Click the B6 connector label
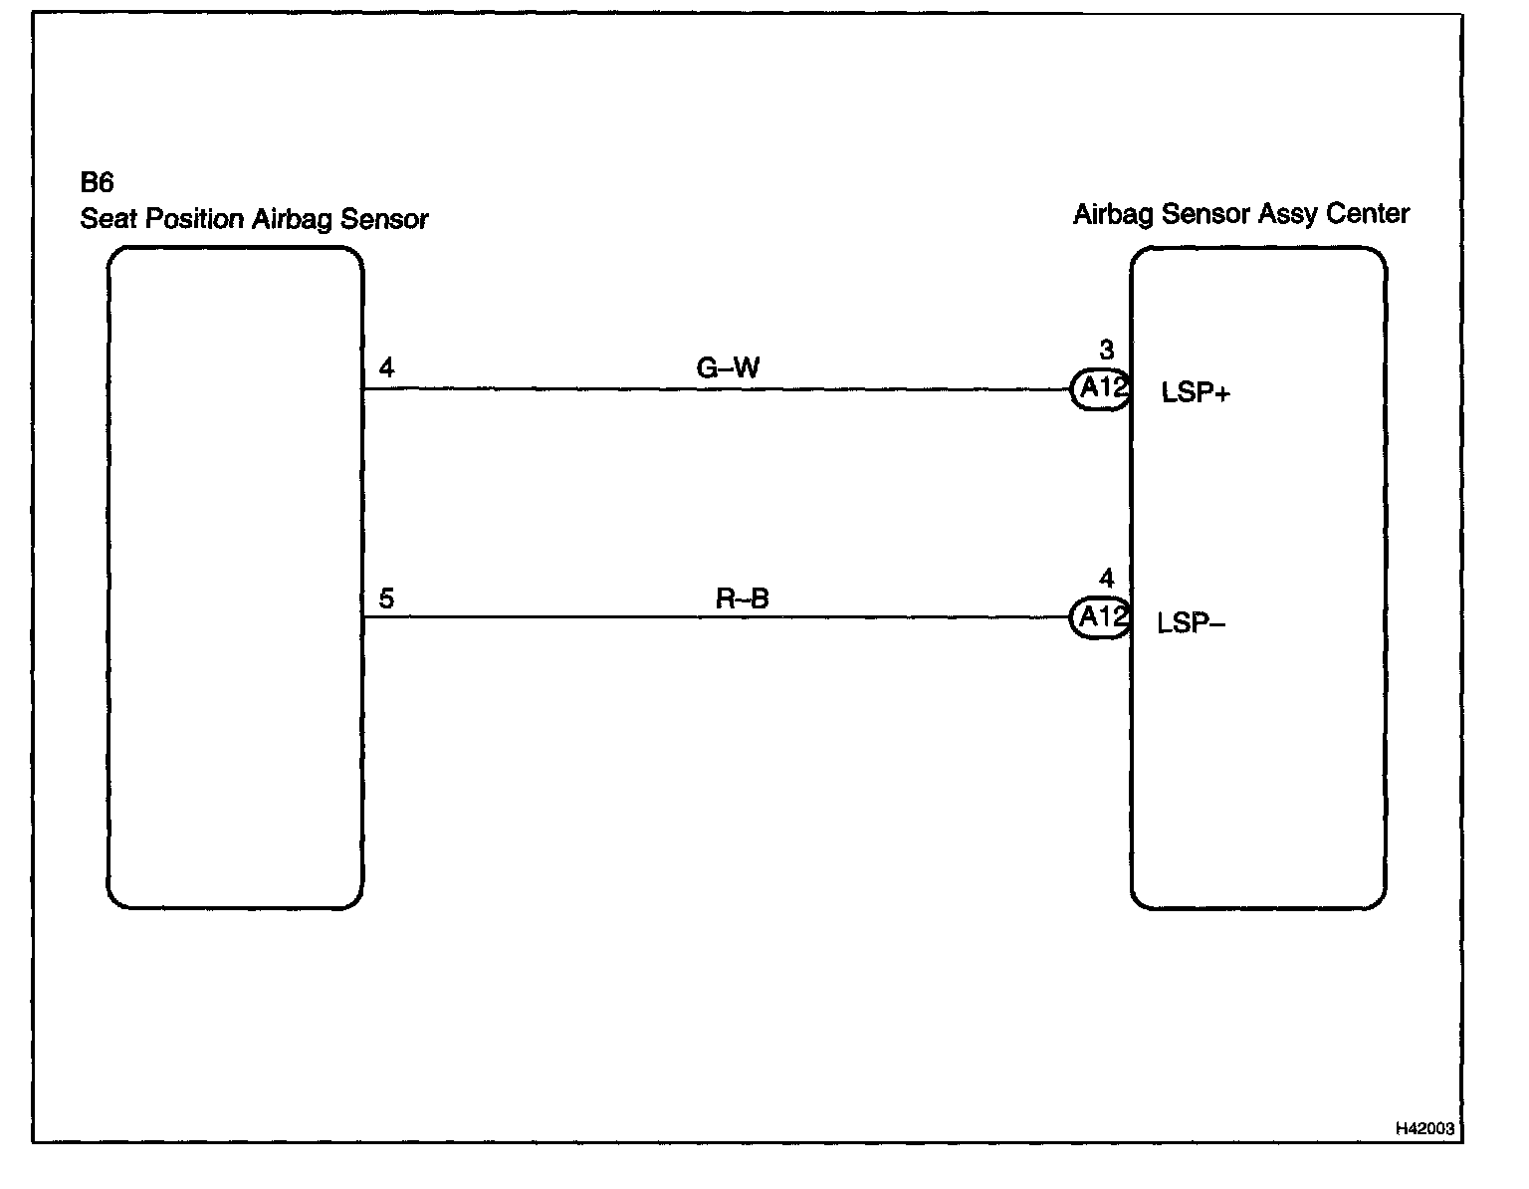[x=97, y=183]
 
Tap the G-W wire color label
[x=728, y=369]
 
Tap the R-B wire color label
[x=743, y=598]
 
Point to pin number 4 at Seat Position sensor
[x=386, y=368]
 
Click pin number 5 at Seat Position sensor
[x=386, y=598]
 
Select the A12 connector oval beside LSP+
[x=1100, y=388]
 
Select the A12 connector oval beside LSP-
[x=1100, y=617]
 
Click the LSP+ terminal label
[x=1196, y=393]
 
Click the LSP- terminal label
[x=1192, y=624]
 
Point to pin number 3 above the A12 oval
[x=1106, y=350]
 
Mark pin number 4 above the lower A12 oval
[x=1106, y=579]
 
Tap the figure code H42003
[x=1424, y=1128]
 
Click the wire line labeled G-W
[x=597, y=389]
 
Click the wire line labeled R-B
[x=597, y=617]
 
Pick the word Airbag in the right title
[x=1107, y=215]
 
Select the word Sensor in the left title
[x=384, y=220]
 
